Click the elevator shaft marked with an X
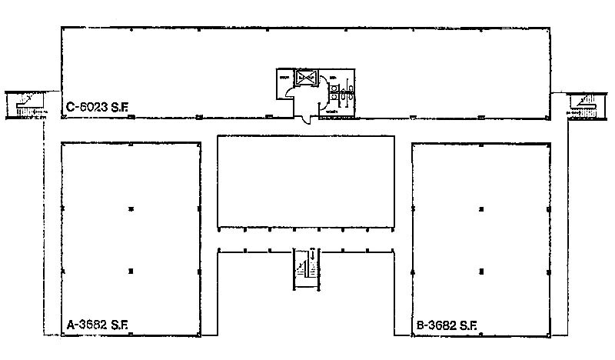[x=307, y=78]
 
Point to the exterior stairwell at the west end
[x=25, y=104]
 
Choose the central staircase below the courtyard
[x=306, y=268]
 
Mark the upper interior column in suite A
[x=131, y=208]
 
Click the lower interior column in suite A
[x=131, y=271]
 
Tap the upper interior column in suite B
[x=482, y=208]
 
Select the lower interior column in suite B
[x=482, y=271]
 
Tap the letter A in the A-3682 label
[x=71, y=325]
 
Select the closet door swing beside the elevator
[x=290, y=92]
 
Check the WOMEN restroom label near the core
[x=331, y=112]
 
